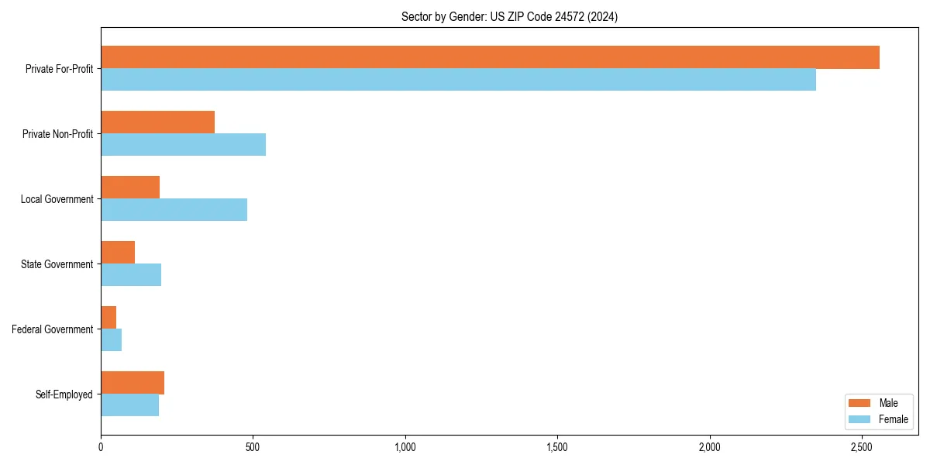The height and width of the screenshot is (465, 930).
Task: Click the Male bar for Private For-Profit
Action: (x=490, y=57)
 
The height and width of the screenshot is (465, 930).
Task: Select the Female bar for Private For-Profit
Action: (x=458, y=80)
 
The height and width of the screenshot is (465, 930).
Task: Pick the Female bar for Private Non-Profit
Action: (x=183, y=145)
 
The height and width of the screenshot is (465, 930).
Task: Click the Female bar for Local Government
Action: (x=174, y=210)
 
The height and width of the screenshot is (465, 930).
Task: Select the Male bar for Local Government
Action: (x=130, y=188)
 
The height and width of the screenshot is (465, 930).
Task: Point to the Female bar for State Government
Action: (x=131, y=275)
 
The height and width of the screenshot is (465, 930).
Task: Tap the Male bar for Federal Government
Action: (x=108, y=318)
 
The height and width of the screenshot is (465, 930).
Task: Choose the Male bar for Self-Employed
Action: (x=133, y=383)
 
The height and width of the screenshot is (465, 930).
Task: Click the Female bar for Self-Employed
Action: (x=129, y=405)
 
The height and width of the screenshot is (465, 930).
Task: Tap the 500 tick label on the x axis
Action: (x=253, y=447)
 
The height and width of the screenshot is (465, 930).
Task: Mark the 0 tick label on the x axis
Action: (x=101, y=447)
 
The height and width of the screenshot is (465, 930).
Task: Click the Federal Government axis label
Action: (x=53, y=329)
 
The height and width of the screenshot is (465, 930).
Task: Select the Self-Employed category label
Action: (x=64, y=394)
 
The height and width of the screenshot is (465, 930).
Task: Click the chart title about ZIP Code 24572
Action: (x=509, y=17)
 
